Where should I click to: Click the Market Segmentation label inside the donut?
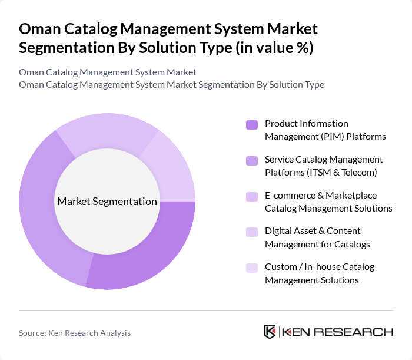click(x=107, y=202)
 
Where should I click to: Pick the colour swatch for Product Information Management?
click(x=252, y=125)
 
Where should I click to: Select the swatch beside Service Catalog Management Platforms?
click(x=252, y=160)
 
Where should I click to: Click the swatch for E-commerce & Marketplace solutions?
click(x=252, y=196)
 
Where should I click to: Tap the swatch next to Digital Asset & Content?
click(x=252, y=232)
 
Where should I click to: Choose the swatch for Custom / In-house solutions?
click(x=252, y=267)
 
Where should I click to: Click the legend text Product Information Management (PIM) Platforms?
click(x=325, y=130)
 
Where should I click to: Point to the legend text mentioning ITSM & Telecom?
click(x=324, y=166)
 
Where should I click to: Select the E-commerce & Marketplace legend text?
click(x=328, y=202)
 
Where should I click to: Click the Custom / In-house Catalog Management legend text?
click(x=320, y=273)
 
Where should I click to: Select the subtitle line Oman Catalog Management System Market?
click(x=108, y=72)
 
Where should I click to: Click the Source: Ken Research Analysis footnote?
click(x=75, y=333)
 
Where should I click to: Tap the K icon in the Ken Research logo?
click(x=270, y=332)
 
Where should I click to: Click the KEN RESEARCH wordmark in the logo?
click(x=338, y=332)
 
